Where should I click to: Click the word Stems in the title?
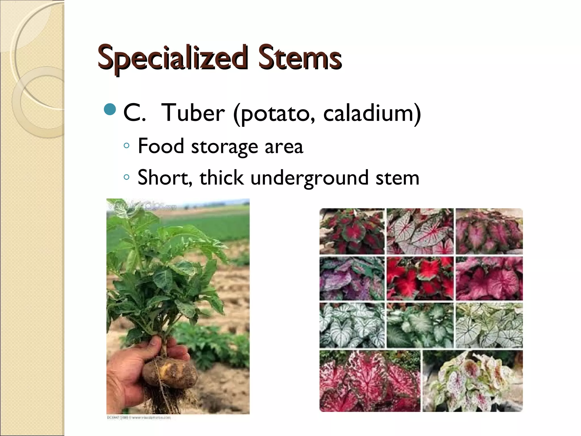point(300,58)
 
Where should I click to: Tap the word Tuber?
point(193,113)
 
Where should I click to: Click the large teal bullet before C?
point(110,110)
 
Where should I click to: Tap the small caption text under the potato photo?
point(139,418)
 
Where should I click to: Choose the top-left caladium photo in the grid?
point(352,231)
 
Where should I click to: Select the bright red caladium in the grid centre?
point(420,278)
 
